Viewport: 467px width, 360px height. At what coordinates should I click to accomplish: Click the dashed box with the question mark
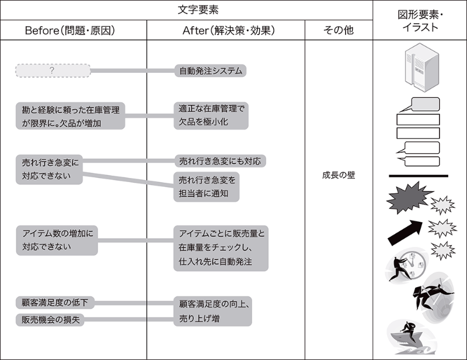(52, 71)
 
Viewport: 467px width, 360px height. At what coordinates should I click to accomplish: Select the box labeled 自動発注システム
(211, 71)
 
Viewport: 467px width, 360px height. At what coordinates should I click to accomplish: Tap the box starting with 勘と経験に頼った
(71, 116)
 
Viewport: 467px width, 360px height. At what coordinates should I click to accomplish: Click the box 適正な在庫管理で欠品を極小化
(211, 116)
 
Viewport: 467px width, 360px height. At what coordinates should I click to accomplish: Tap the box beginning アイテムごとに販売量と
(221, 248)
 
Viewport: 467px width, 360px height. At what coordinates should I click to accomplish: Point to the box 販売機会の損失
(50, 320)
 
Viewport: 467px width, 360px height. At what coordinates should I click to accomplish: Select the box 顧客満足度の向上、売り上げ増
(212, 311)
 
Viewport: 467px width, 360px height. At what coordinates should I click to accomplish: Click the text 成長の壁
(338, 175)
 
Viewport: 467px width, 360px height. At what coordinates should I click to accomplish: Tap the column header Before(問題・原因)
(73, 30)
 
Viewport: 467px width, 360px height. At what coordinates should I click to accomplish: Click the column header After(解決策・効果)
(225, 30)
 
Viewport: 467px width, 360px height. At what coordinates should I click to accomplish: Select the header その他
(338, 30)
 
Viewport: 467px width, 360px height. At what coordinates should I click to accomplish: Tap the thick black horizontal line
(418, 176)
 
